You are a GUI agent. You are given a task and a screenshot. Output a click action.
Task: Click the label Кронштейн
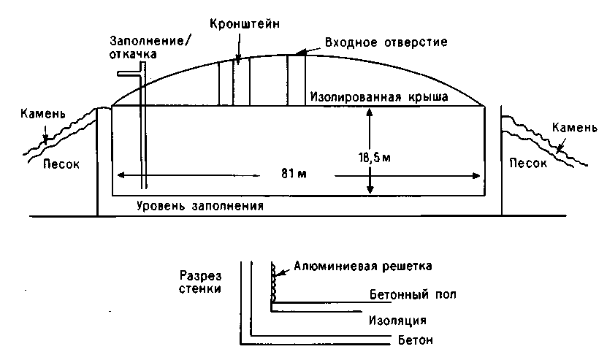coord(244,24)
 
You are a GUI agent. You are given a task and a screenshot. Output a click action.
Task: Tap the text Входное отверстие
coord(386,42)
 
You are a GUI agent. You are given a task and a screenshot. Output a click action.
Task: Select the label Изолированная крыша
coord(379,97)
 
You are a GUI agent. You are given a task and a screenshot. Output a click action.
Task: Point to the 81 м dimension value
coord(294,174)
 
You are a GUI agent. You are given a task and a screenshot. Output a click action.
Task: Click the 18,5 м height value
coord(374,158)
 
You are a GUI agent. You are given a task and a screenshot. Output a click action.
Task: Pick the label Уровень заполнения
coord(199,205)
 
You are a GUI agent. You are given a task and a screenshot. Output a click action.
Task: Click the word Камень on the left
coord(42,114)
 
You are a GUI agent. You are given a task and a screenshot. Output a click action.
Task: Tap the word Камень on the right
coord(574,128)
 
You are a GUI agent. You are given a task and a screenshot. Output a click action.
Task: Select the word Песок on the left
coord(61,164)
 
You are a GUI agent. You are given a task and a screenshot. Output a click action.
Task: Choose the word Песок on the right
coord(527,163)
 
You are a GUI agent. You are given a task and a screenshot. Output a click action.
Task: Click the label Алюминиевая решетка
coord(363,267)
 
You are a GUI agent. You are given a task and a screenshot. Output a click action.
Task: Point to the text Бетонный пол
coord(413,294)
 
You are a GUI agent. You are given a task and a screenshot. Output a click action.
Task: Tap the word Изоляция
coord(397,321)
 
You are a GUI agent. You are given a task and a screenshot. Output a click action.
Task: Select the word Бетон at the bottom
coord(416,340)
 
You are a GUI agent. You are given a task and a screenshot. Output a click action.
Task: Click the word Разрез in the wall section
coord(201,276)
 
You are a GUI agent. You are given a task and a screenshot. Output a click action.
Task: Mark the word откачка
coord(133,54)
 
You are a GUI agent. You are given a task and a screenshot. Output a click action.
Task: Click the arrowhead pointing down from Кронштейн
coord(238,59)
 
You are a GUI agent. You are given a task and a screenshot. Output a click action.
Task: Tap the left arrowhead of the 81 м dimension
coord(121,175)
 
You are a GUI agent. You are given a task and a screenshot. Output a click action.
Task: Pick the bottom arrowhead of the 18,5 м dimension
coord(370,189)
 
